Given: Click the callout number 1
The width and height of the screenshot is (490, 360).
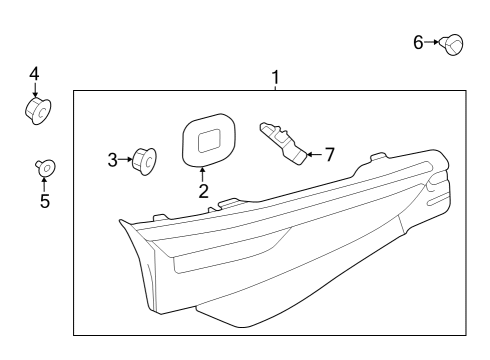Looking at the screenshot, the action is tap(275, 78).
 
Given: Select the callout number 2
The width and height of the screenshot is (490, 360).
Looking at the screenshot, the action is tap(203, 191).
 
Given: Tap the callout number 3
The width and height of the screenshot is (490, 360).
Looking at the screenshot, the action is tap(113, 160).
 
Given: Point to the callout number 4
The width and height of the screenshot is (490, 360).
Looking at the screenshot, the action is tap(34, 74).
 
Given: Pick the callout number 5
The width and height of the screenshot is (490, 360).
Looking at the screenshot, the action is tap(45, 201).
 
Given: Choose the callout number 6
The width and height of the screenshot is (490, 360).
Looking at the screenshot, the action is tap(418, 43).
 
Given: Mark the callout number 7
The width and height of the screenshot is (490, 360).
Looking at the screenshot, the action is tap(329, 155).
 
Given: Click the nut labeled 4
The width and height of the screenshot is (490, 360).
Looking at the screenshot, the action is tap(38, 110).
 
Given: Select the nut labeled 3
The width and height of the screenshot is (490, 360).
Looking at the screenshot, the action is tap(144, 161).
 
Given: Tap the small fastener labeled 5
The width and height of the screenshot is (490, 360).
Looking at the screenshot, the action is tap(45, 167).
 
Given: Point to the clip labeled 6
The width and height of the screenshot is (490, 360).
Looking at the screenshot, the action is tap(451, 44).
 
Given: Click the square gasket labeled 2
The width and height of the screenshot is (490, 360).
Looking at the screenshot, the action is tap(209, 140).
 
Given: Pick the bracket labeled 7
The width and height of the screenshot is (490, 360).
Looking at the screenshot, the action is tap(283, 143).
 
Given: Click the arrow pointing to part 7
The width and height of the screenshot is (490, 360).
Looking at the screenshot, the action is tap(314, 155).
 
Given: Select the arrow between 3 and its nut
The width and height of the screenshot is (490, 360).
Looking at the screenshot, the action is tap(126, 160).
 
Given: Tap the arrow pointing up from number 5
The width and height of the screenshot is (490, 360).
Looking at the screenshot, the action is tap(44, 184).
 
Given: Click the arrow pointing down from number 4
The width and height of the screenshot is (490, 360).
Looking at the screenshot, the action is tap(34, 90).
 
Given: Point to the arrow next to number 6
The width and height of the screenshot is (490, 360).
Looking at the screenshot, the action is tap(432, 42).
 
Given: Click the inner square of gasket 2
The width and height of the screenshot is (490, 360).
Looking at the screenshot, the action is tap(209, 141).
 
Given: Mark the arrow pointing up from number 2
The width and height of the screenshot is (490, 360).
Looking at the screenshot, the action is tap(202, 174).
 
